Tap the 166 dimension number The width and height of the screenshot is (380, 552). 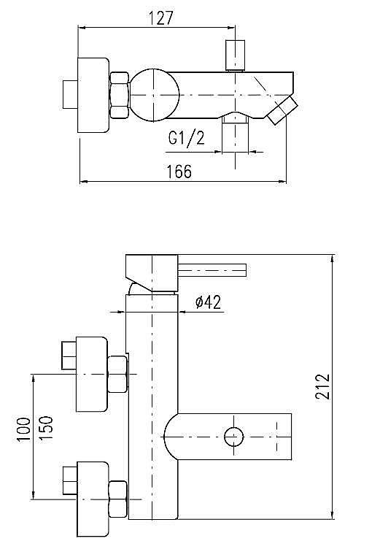point(178,172)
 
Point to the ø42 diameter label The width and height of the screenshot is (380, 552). point(209,302)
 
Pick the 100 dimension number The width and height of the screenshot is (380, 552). point(23,430)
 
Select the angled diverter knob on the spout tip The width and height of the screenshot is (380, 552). point(282,110)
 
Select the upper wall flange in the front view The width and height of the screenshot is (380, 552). point(91,373)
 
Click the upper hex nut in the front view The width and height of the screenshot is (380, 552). point(118,373)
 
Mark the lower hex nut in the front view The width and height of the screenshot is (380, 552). point(118,499)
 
